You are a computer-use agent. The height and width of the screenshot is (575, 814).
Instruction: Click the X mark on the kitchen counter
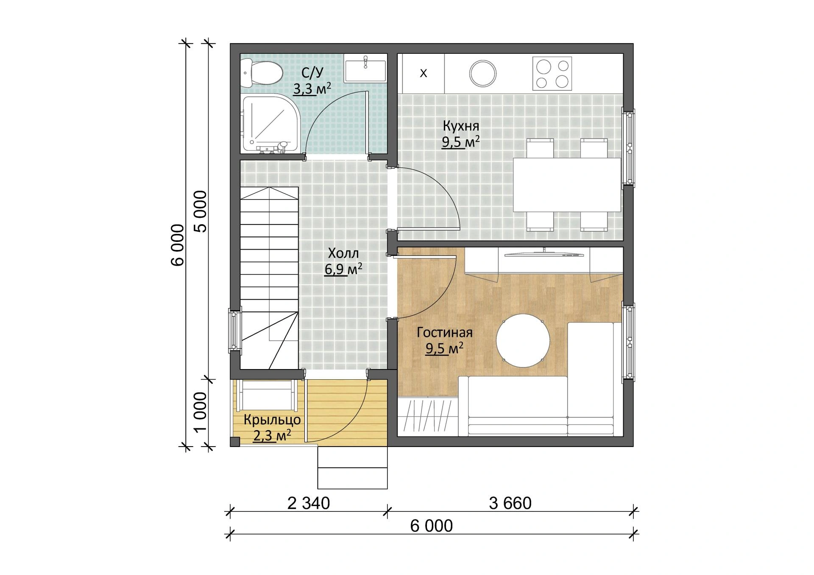click(423, 73)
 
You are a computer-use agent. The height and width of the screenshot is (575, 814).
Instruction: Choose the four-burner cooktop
click(552, 73)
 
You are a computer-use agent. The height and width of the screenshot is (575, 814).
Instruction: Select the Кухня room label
click(461, 126)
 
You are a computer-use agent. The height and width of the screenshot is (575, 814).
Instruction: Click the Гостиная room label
click(444, 333)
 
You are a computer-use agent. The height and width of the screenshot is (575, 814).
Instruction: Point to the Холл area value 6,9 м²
click(343, 269)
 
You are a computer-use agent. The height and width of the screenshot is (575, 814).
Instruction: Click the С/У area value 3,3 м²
click(312, 89)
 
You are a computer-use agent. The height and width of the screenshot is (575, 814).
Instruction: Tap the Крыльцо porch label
click(272, 420)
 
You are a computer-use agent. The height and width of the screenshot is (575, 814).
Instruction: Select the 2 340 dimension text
click(308, 503)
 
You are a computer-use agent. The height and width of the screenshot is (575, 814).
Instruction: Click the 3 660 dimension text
click(510, 503)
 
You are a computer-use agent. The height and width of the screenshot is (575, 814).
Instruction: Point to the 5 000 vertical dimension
click(200, 211)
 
